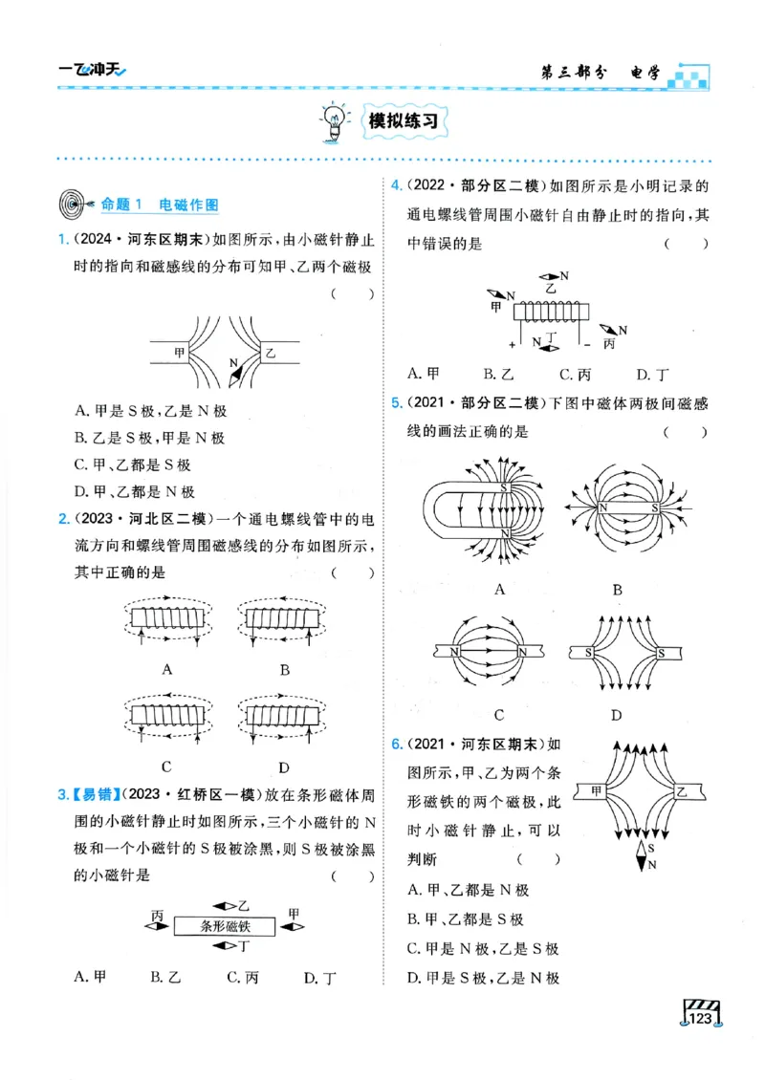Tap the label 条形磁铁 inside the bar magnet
pyautogui.click(x=226, y=925)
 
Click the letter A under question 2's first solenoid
pyautogui.click(x=167, y=669)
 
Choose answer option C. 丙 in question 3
pyautogui.click(x=243, y=977)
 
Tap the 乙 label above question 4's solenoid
pyautogui.click(x=549, y=286)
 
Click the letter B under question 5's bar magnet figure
pyautogui.click(x=618, y=590)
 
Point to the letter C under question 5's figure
pyautogui.click(x=499, y=714)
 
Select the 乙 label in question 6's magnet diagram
pyautogui.click(x=680, y=791)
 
